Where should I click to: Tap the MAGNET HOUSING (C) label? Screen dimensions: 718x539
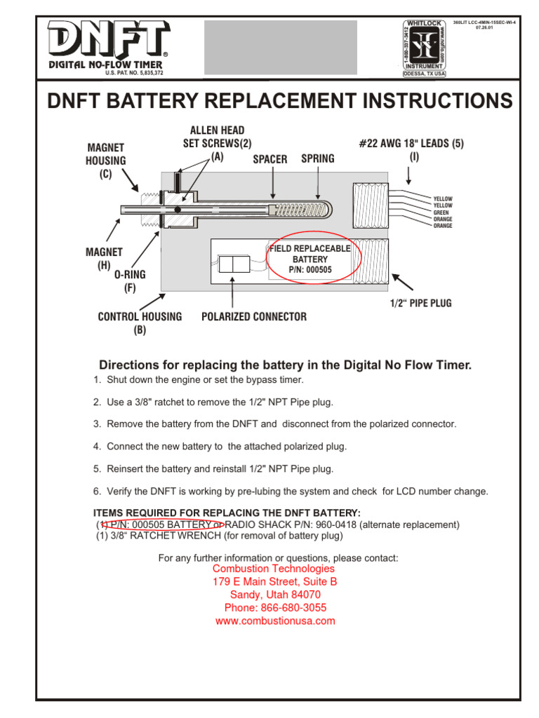[106, 161]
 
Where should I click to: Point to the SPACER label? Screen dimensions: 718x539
[270, 159]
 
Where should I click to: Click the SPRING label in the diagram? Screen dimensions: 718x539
[317, 159]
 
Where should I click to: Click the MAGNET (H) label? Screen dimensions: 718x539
[103, 259]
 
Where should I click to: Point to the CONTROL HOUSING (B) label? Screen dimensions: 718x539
[140, 323]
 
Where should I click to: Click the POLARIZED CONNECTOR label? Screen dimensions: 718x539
[253, 317]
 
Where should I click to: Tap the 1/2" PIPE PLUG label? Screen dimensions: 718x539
[420, 304]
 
